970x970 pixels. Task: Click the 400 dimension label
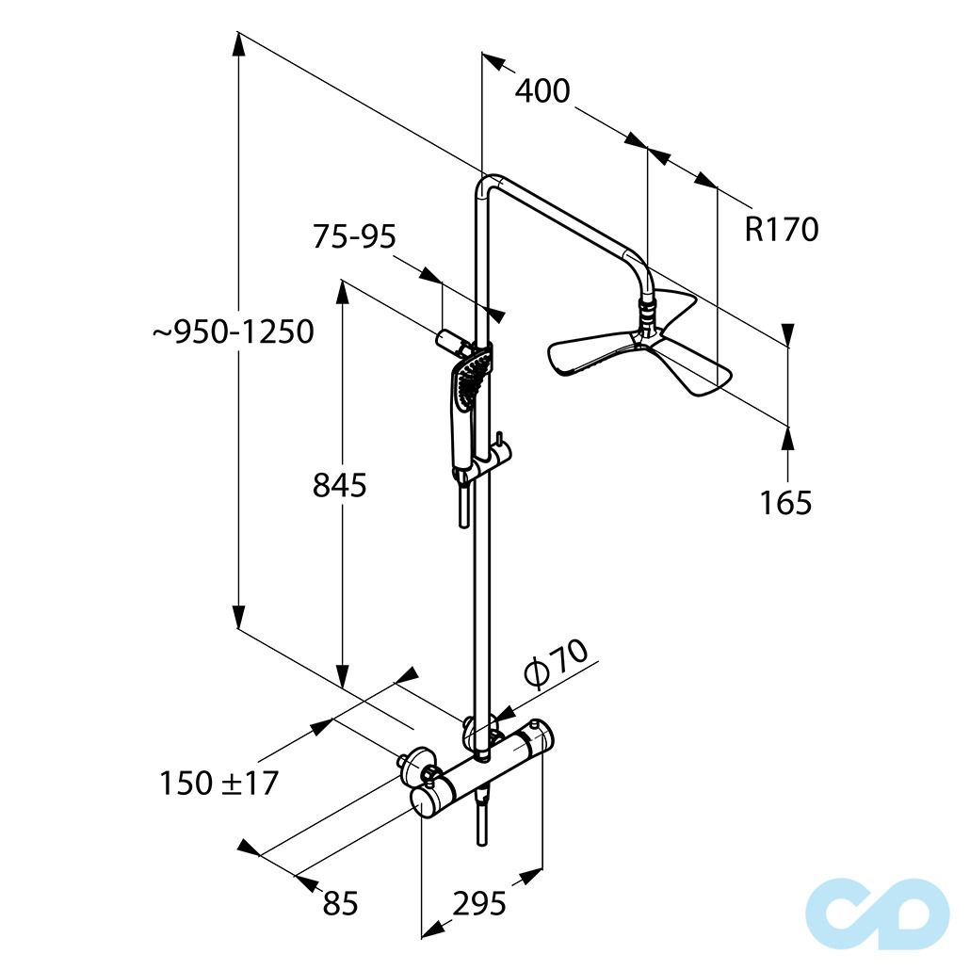[542, 91]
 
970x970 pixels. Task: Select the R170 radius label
[782, 229]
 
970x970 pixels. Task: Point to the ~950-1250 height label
[234, 332]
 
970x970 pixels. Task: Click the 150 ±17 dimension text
[219, 783]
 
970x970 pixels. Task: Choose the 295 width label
[479, 903]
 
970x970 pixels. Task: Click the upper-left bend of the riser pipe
[487, 184]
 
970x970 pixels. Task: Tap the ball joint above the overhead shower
[645, 315]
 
